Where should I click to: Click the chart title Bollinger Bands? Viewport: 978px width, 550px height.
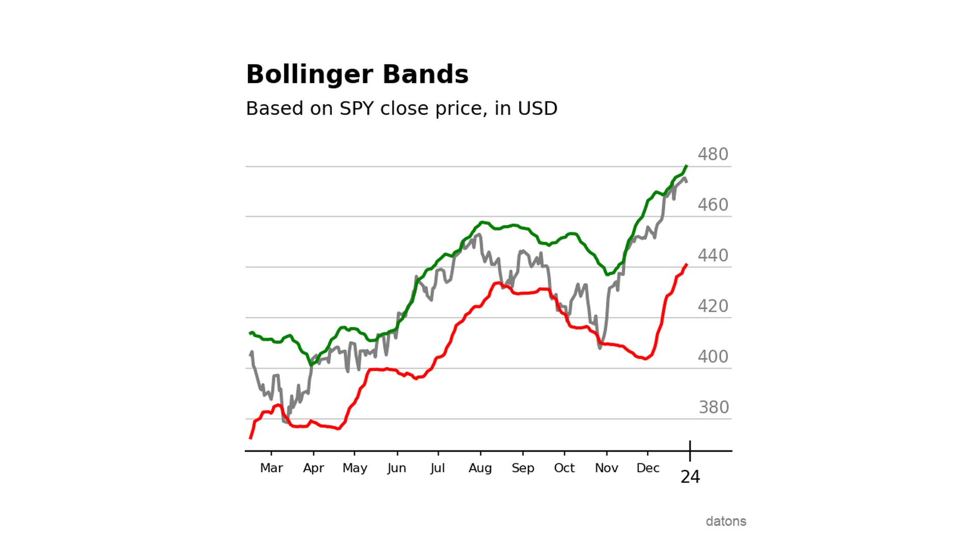pyautogui.click(x=357, y=75)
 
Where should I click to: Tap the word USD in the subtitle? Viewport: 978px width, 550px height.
pyautogui.click(x=537, y=108)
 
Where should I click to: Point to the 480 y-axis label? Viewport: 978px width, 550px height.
pyautogui.click(x=713, y=154)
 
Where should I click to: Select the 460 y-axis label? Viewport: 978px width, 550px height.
pyautogui.click(x=713, y=205)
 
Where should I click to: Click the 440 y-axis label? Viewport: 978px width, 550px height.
pyautogui.click(x=713, y=255)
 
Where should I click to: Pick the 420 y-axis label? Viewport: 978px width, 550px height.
pyautogui.click(x=713, y=306)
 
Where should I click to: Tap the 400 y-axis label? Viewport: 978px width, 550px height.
pyautogui.click(x=713, y=356)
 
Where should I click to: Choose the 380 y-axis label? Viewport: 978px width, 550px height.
pyautogui.click(x=714, y=407)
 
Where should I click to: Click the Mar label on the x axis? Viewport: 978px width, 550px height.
pyautogui.click(x=271, y=468)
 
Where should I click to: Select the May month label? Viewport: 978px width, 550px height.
pyautogui.click(x=355, y=468)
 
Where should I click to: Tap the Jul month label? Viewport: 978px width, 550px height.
pyautogui.click(x=438, y=468)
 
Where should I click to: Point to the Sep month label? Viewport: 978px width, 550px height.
pyautogui.click(x=523, y=468)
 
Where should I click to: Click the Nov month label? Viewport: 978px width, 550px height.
pyautogui.click(x=606, y=468)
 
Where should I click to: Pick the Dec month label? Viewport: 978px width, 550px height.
pyautogui.click(x=647, y=468)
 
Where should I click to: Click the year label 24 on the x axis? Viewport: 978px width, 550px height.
pyautogui.click(x=690, y=477)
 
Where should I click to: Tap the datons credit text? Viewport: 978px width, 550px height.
pyautogui.click(x=725, y=521)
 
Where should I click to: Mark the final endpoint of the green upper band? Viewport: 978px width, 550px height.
pyautogui.click(x=687, y=166)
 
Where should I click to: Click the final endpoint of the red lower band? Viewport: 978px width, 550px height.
pyautogui.click(x=687, y=264)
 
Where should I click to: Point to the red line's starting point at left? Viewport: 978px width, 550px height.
pyautogui.click(x=250, y=438)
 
